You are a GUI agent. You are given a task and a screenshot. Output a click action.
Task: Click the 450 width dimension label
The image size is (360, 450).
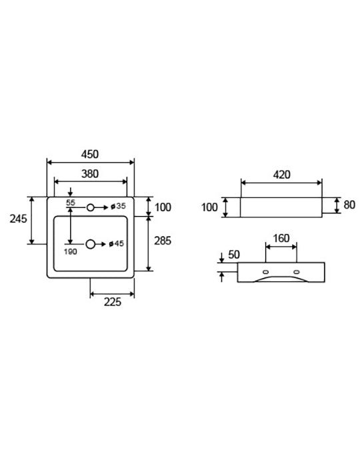coord(90,155)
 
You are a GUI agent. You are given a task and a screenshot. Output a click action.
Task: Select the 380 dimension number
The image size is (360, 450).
coord(90,174)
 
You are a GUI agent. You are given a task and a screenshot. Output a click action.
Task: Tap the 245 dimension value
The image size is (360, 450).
coord(19,219)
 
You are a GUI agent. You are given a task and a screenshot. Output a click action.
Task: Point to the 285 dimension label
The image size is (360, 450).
coord(163,241)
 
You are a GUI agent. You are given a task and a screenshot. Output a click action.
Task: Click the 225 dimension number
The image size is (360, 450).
coord(113,302)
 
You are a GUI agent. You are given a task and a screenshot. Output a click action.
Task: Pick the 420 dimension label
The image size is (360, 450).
coord(281,175)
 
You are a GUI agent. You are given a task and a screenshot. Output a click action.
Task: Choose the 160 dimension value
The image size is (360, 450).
coord(281,239)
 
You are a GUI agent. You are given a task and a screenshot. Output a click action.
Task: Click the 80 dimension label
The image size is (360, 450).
coord(349,205)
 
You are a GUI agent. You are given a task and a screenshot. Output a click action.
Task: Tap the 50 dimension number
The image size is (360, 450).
coord(234,255)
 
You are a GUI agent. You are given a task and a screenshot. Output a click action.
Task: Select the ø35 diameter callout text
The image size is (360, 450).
coord(118,206)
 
